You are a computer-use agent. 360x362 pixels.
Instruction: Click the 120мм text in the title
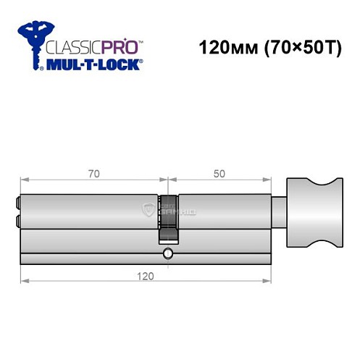click(222, 51)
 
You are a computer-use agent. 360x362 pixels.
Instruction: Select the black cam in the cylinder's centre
click(168, 218)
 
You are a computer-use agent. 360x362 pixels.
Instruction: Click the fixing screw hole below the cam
click(168, 253)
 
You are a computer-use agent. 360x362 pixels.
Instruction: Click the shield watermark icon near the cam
click(150, 209)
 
